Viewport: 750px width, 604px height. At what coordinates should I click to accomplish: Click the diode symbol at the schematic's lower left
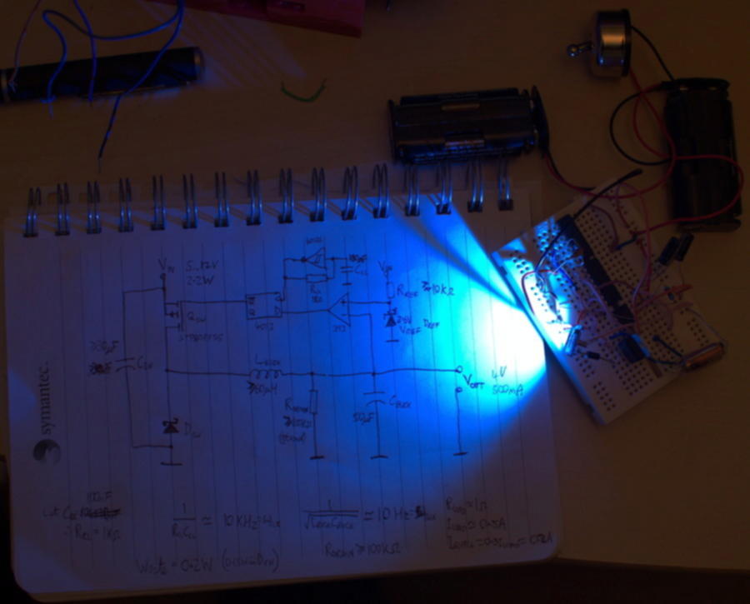click(x=170, y=428)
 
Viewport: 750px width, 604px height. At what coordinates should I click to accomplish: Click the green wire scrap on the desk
click(x=303, y=91)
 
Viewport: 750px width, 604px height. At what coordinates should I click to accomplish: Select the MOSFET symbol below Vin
click(x=175, y=316)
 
